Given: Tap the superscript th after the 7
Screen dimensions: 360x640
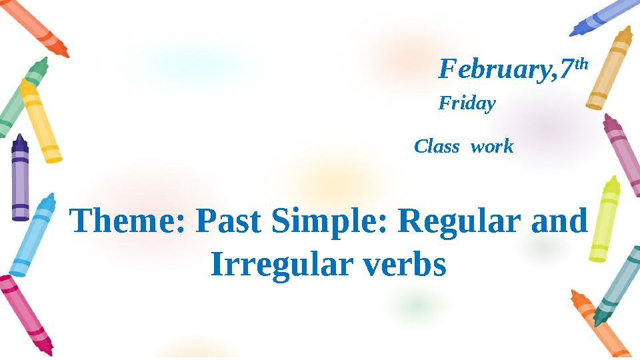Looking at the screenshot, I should pyautogui.click(x=581, y=64).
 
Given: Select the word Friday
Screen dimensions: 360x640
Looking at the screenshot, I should pyautogui.click(x=467, y=104).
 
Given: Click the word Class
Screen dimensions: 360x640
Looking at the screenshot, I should pyautogui.click(x=437, y=147).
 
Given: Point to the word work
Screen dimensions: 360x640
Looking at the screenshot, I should pyautogui.click(x=492, y=147).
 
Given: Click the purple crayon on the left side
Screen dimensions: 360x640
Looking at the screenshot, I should pyautogui.click(x=21, y=177).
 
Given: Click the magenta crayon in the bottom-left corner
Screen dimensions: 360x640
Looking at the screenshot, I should pyautogui.click(x=27, y=313).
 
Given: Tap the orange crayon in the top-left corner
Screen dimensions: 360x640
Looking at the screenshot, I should pyautogui.click(x=37, y=27).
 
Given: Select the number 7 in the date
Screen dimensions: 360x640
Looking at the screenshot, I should pyautogui.click(x=567, y=69).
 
